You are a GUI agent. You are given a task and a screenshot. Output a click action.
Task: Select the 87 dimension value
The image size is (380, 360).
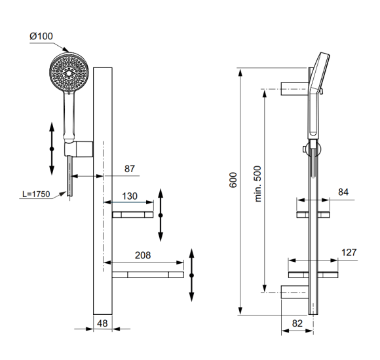(129, 169)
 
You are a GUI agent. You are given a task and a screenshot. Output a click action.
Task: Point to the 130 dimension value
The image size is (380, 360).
(129, 196)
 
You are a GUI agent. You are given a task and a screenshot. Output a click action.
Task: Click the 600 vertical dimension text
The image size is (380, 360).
(234, 181)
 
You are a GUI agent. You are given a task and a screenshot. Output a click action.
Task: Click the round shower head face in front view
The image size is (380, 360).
(68, 73)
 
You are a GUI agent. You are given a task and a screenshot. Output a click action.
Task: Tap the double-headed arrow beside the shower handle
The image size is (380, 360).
(52, 148)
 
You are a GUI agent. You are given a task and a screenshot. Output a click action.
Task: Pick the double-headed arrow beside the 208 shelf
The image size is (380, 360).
(191, 275)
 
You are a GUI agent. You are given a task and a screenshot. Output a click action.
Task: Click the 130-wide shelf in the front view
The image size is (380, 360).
(132, 215)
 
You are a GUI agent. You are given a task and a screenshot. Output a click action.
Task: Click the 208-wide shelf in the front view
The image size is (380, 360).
(147, 275)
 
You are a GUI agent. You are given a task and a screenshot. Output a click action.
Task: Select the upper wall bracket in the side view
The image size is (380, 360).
(293, 88)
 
